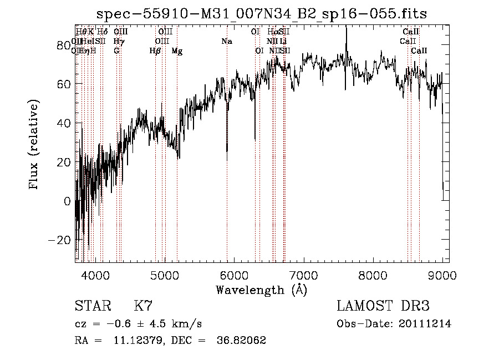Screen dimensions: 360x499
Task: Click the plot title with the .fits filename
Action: (261, 14)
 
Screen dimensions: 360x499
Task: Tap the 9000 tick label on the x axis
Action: (442, 274)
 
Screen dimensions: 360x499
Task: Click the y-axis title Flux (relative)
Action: (34, 145)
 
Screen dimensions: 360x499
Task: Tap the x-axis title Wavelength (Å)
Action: (261, 290)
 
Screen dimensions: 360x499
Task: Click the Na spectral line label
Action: (226, 42)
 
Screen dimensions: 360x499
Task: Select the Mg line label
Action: (177, 51)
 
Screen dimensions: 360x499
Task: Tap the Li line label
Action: (283, 42)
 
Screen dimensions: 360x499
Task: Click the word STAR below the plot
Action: (91, 306)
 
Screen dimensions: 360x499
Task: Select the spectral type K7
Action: (143, 306)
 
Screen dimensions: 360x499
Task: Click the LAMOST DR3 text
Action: (383, 306)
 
